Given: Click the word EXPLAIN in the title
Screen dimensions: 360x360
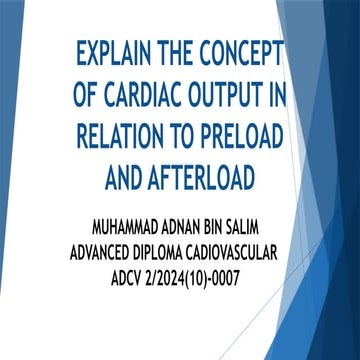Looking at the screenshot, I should [x=109, y=52].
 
